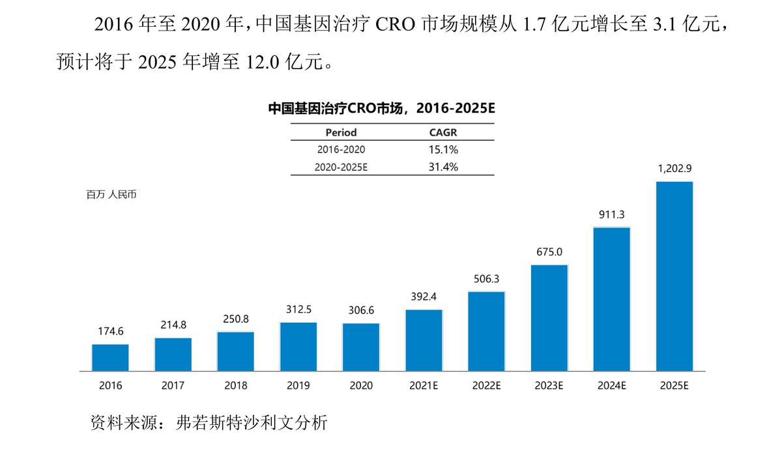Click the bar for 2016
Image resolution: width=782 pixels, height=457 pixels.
(x=110, y=357)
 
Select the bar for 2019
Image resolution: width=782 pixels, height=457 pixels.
(x=298, y=346)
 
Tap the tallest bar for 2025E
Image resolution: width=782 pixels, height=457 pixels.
(x=674, y=276)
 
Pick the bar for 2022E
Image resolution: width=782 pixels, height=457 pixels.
(x=486, y=331)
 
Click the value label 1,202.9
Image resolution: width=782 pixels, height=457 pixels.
(x=674, y=168)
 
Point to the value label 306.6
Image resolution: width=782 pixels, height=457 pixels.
(x=361, y=310)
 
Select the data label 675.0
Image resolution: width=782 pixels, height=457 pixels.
(x=549, y=252)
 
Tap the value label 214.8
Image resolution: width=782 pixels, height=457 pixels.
(x=173, y=325)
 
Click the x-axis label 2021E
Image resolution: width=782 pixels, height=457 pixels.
(x=424, y=385)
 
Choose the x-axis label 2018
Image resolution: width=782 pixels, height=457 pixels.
(x=236, y=385)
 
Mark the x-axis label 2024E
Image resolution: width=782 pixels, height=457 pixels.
(x=611, y=385)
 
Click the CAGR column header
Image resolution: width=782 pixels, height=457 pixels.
(x=442, y=132)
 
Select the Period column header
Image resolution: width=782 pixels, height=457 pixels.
(x=341, y=132)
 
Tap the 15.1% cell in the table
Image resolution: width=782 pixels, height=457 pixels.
(x=442, y=149)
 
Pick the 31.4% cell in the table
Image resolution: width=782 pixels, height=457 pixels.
(x=442, y=167)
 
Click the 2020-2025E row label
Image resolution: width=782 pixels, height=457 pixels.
(x=341, y=167)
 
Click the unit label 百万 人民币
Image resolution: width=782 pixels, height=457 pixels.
(x=111, y=194)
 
